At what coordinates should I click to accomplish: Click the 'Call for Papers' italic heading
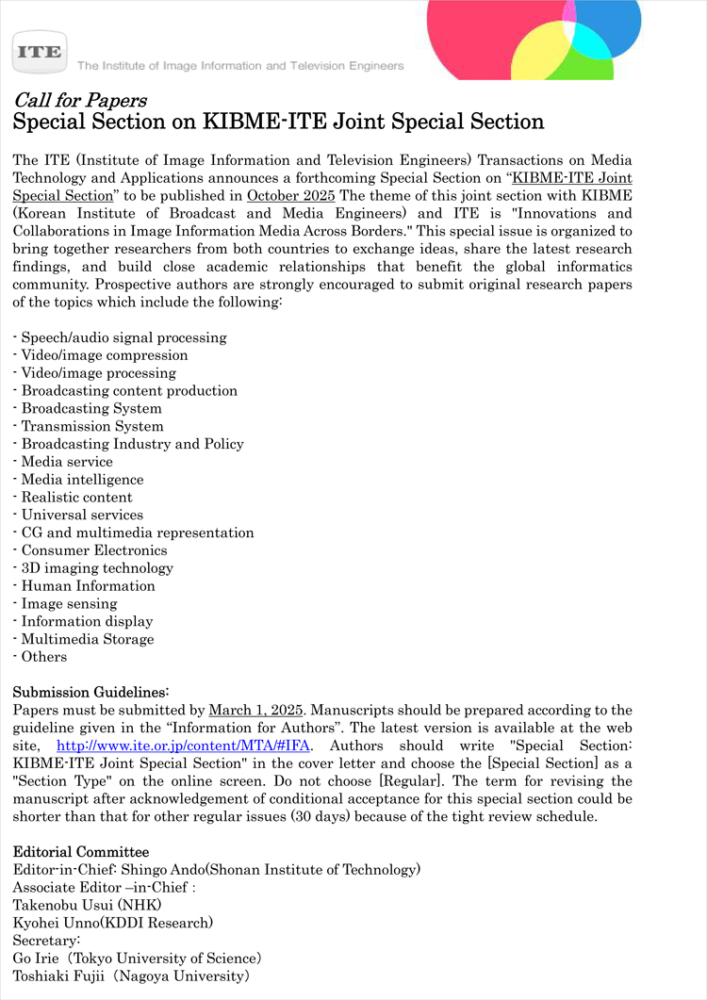click(x=79, y=101)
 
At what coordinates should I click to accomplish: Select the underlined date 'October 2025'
click(x=290, y=196)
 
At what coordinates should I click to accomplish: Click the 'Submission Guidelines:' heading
click(x=90, y=692)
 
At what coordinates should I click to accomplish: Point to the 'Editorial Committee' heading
click(x=80, y=852)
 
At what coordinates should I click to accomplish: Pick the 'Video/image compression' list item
click(x=105, y=355)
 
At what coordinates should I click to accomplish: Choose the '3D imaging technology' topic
click(x=97, y=568)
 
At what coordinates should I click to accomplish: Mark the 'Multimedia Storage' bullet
click(x=88, y=639)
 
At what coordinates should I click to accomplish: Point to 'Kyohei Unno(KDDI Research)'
click(x=112, y=923)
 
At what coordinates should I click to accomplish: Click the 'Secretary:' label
click(x=47, y=941)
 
